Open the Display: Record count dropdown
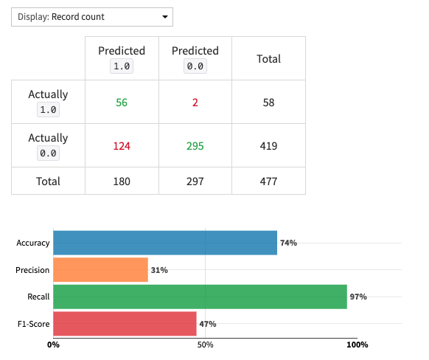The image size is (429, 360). (92, 16)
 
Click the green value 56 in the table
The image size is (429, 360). (122, 103)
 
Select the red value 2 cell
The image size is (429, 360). (195, 103)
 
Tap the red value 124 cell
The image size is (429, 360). (122, 146)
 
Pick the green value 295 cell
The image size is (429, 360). (195, 146)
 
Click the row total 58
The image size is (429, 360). (268, 103)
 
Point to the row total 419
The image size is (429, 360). (268, 146)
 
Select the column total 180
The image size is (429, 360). (122, 181)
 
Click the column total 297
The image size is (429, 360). (195, 181)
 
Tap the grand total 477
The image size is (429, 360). (268, 181)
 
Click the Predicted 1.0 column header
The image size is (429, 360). (122, 58)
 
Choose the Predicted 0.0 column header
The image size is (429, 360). (195, 58)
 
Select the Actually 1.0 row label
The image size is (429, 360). (48, 102)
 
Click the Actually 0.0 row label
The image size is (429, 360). (48, 145)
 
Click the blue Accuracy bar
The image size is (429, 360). (165, 243)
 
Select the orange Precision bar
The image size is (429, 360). (100, 270)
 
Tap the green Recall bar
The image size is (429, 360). (200, 297)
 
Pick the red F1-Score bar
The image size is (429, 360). (125, 324)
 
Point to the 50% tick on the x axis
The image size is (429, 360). (205, 345)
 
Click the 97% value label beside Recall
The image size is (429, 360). (358, 297)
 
